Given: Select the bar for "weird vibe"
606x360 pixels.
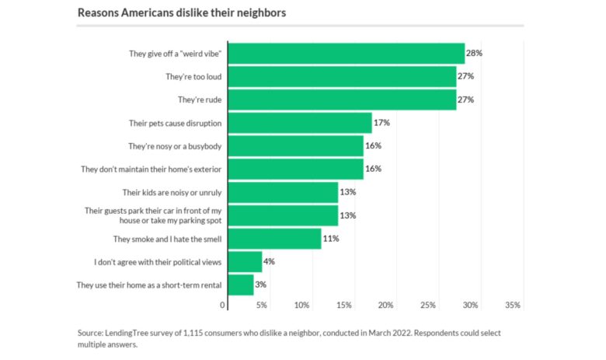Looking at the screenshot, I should (346, 54).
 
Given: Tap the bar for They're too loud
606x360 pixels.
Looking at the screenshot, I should (342, 77).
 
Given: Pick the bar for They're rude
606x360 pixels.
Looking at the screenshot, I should (342, 100).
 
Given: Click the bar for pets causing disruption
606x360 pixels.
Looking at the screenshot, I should (300, 123).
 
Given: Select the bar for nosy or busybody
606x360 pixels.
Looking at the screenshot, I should (295, 145).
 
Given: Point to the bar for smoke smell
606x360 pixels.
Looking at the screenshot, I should (274, 239).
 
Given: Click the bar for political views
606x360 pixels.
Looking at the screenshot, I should (245, 261).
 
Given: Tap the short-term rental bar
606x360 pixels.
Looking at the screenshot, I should (241, 285).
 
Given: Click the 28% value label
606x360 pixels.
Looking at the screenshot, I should (475, 54).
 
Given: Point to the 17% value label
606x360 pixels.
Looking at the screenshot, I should (382, 123).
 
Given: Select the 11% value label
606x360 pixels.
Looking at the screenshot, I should (331, 239).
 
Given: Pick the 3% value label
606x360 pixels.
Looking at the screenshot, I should (262, 285).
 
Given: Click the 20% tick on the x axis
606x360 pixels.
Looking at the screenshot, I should (386, 306).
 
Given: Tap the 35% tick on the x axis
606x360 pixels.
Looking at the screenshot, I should (513, 306).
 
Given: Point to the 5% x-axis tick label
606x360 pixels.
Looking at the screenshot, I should (262, 306).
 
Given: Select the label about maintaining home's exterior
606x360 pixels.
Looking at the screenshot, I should (151, 169).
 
